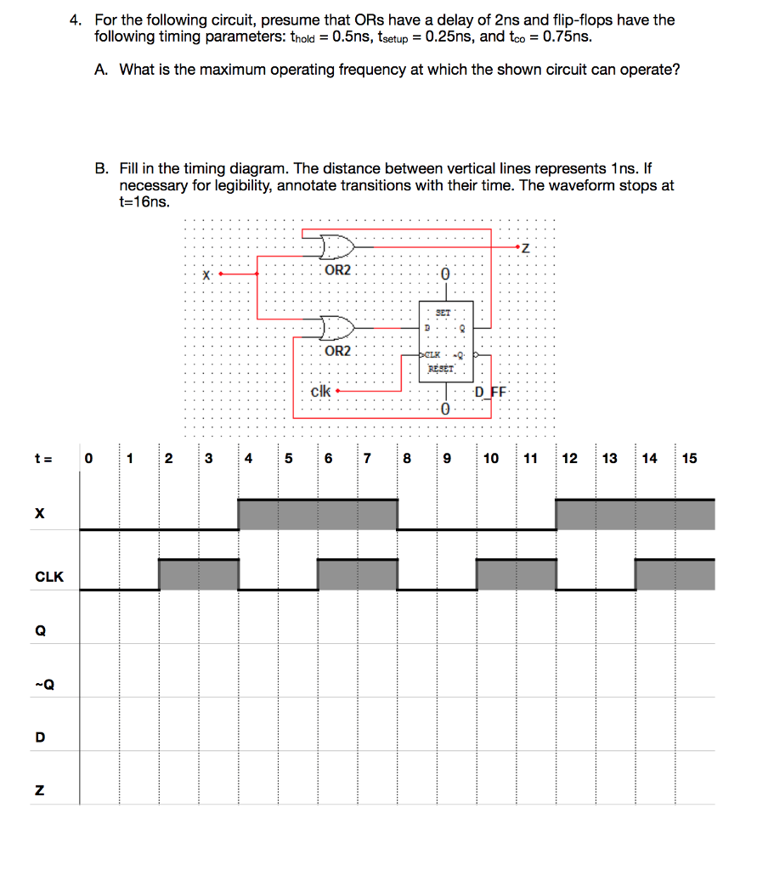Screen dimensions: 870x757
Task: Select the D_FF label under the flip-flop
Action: point(490,392)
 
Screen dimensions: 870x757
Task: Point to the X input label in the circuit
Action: point(206,274)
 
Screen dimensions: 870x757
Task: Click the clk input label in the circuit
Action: point(320,392)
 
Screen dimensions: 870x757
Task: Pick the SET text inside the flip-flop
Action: point(443,312)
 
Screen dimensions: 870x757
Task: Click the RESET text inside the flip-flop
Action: point(442,368)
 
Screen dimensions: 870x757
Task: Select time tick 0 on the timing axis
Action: point(89,459)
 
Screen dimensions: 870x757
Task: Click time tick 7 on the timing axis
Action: point(367,459)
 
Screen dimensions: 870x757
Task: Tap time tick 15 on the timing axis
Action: point(689,459)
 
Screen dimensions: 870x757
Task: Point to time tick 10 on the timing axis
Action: point(491,459)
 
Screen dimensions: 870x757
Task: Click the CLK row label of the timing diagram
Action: point(49,577)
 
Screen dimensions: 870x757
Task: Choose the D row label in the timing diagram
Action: point(40,737)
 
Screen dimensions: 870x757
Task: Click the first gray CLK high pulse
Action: point(199,575)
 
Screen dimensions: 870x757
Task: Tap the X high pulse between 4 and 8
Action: point(318,515)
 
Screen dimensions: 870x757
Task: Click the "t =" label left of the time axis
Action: point(43,459)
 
